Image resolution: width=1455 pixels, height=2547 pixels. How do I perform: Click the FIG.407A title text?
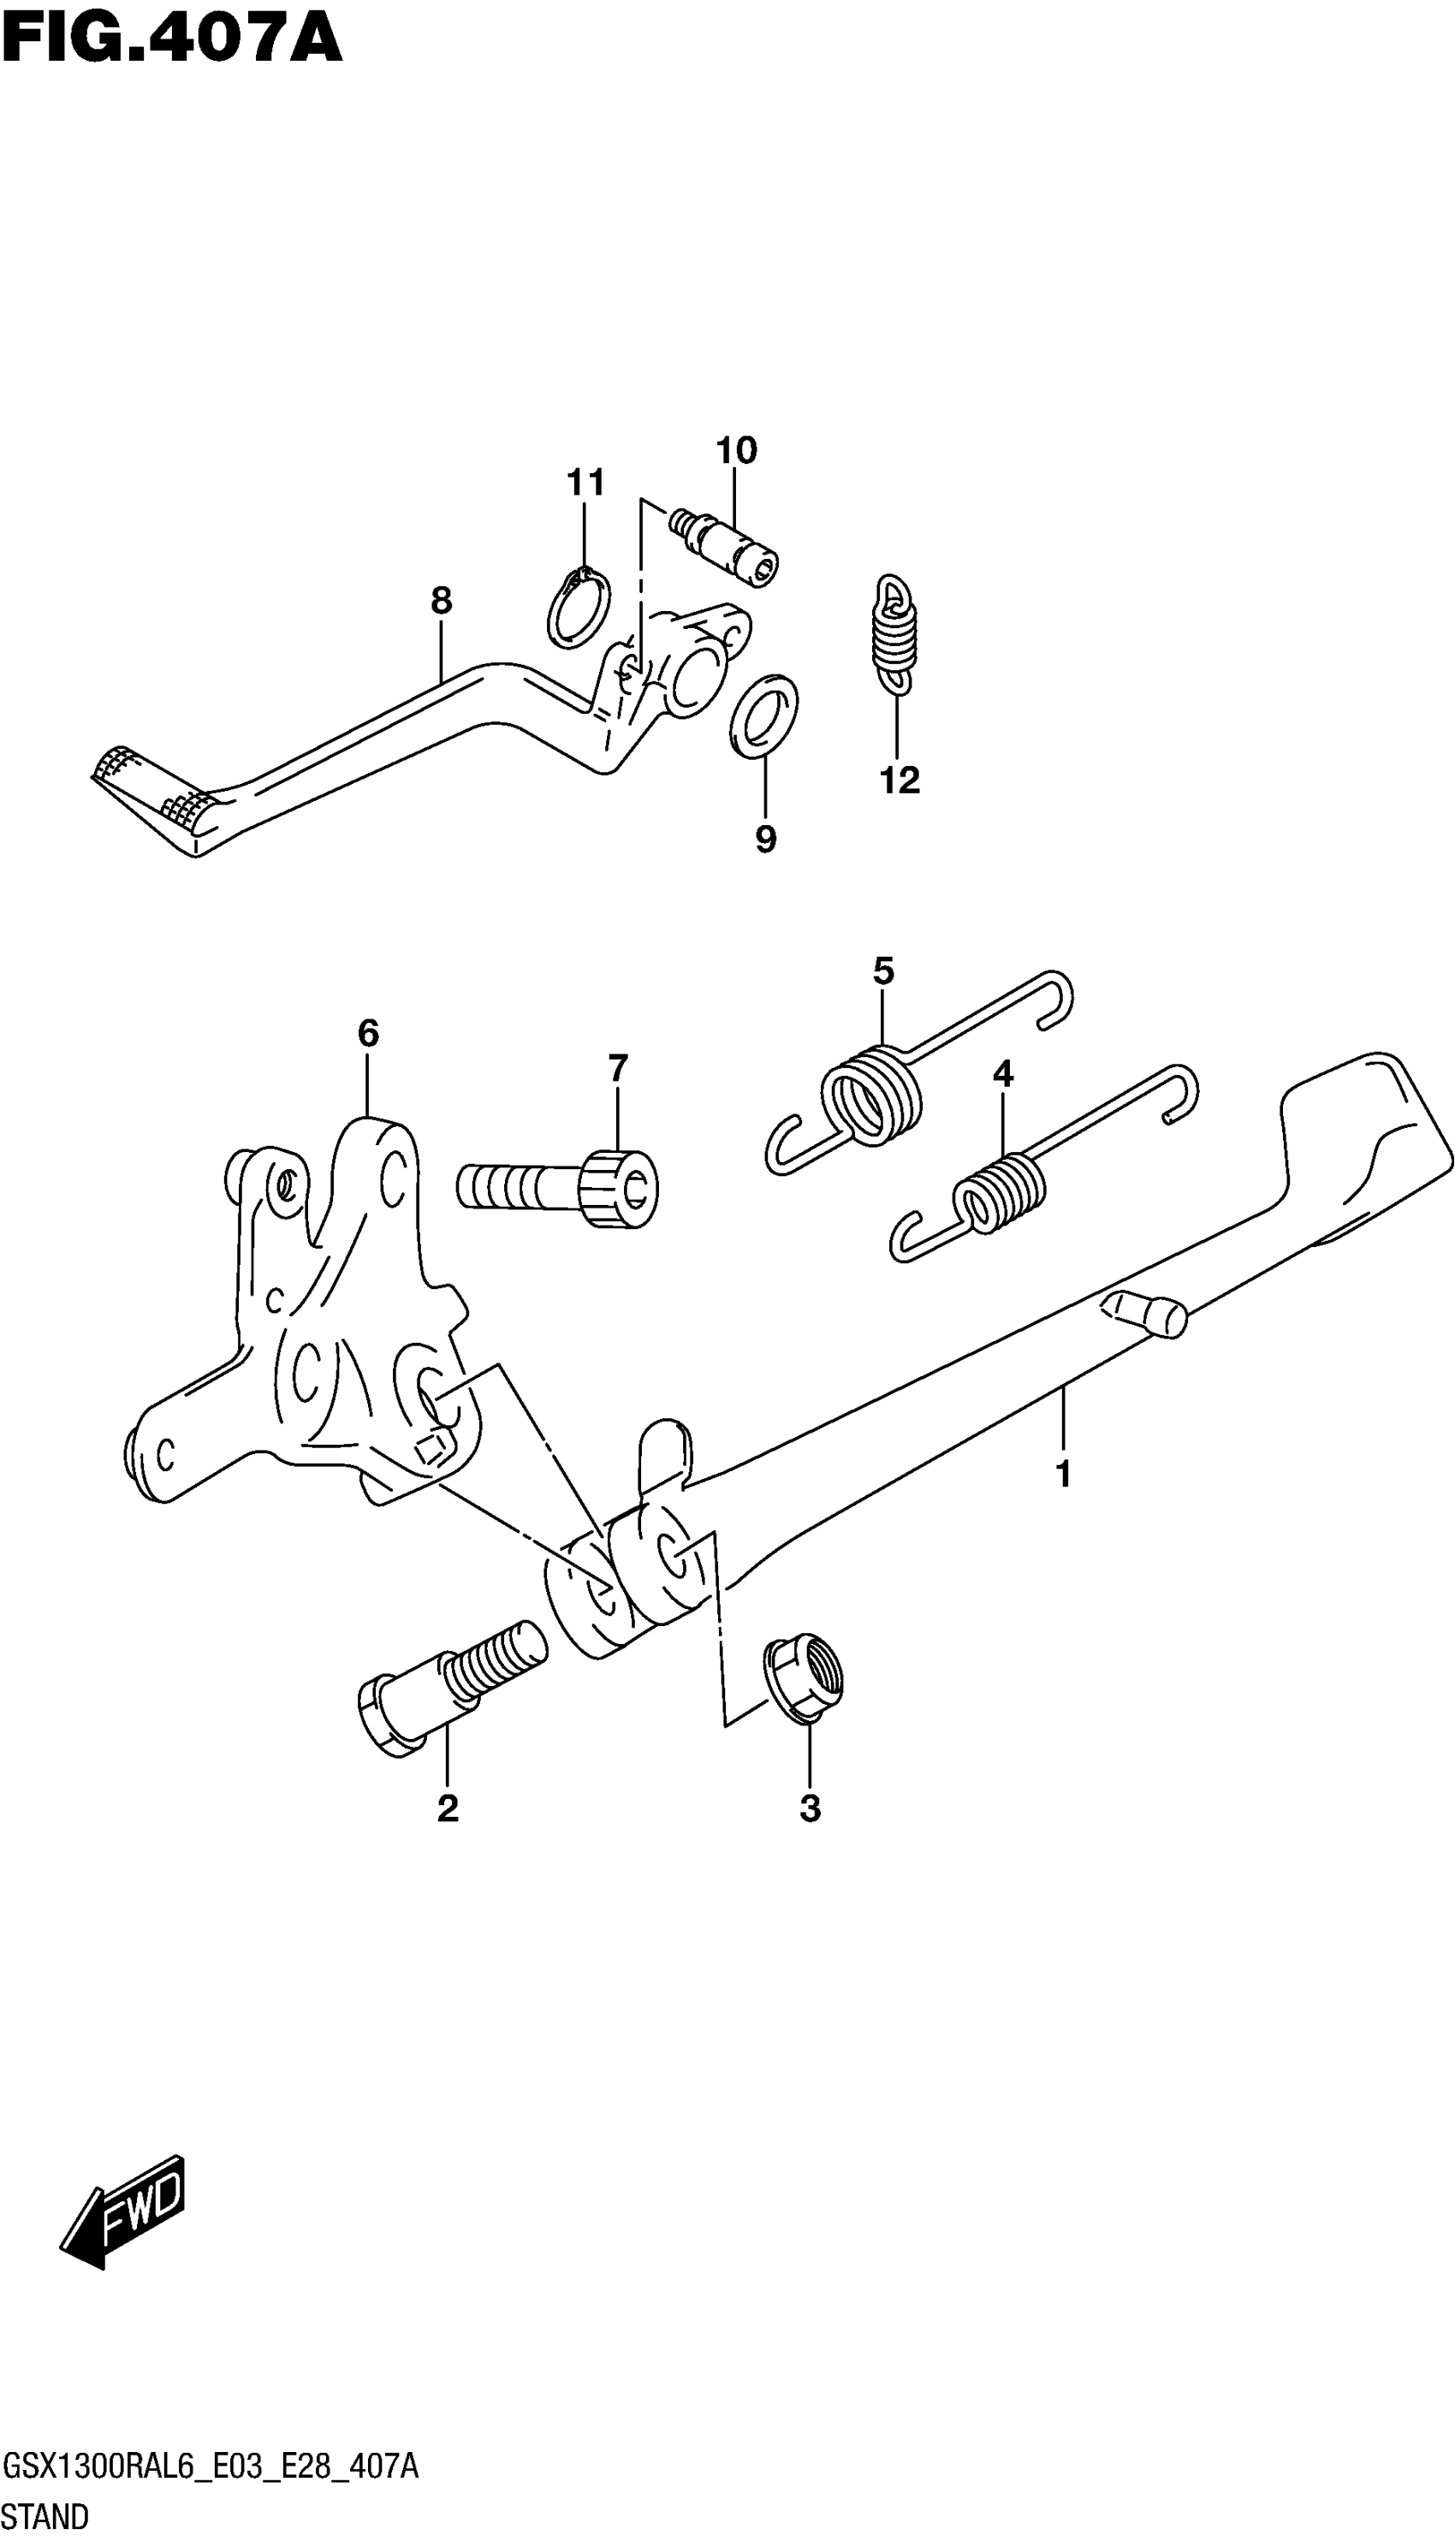pyautogui.click(x=172, y=40)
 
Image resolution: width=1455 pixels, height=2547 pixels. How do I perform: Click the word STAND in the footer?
pyautogui.click(x=45, y=2516)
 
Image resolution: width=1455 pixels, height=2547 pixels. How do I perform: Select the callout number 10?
pyautogui.click(x=737, y=451)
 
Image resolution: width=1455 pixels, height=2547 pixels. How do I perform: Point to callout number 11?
pyautogui.click(x=585, y=483)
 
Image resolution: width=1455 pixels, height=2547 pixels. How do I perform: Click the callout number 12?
pyautogui.click(x=899, y=781)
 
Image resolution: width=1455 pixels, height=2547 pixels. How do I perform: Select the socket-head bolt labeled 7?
pyautogui.click(x=560, y=1186)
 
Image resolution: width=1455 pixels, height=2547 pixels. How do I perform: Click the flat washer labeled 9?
pyautogui.click(x=764, y=716)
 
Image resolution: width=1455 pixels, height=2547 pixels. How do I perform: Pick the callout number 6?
pyautogui.click(x=368, y=1032)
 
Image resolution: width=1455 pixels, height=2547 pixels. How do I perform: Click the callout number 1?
pyautogui.click(x=1063, y=1474)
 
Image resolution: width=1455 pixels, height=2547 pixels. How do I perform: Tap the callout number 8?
pyautogui.click(x=441, y=601)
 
